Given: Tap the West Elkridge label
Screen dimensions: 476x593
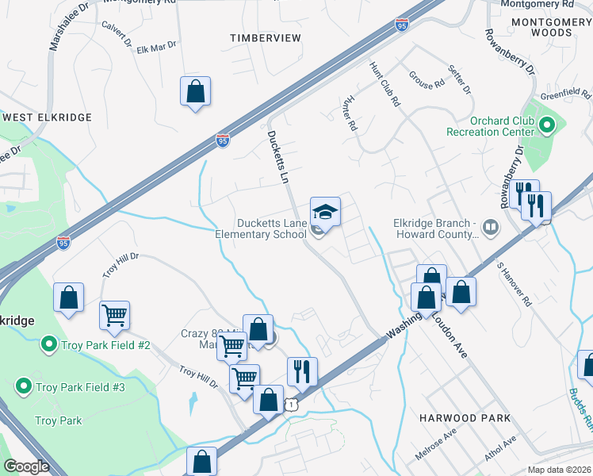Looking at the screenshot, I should (48, 117).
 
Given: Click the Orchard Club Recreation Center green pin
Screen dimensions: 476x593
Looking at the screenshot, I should (546, 125).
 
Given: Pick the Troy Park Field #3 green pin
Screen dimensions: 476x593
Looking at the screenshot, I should (24, 387).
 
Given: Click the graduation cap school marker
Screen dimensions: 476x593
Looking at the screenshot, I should (324, 212).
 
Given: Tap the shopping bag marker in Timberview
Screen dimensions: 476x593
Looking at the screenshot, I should (195, 91).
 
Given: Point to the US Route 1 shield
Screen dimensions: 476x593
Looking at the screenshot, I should (293, 405).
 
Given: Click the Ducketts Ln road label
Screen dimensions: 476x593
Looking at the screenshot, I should (277, 157).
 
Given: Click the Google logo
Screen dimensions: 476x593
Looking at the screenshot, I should (26, 466).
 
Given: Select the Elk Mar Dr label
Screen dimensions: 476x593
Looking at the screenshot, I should (156, 49).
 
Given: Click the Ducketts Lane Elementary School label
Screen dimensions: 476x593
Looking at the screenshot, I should (261, 228).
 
